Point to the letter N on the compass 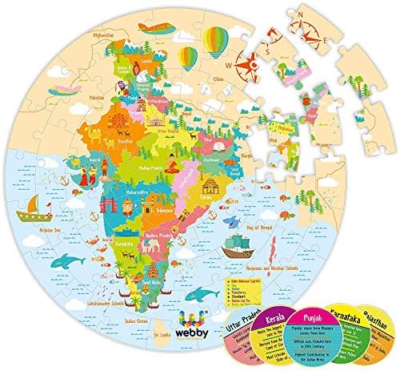pos(278,14)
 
